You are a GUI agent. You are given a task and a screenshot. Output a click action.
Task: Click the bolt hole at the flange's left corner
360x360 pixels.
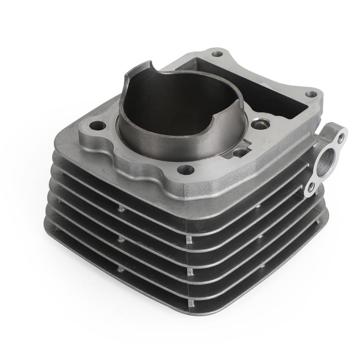point(98,126)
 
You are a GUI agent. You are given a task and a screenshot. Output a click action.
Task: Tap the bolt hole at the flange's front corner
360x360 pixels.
point(186,170)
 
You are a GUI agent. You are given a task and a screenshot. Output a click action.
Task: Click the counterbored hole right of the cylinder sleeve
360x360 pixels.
point(261,124)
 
